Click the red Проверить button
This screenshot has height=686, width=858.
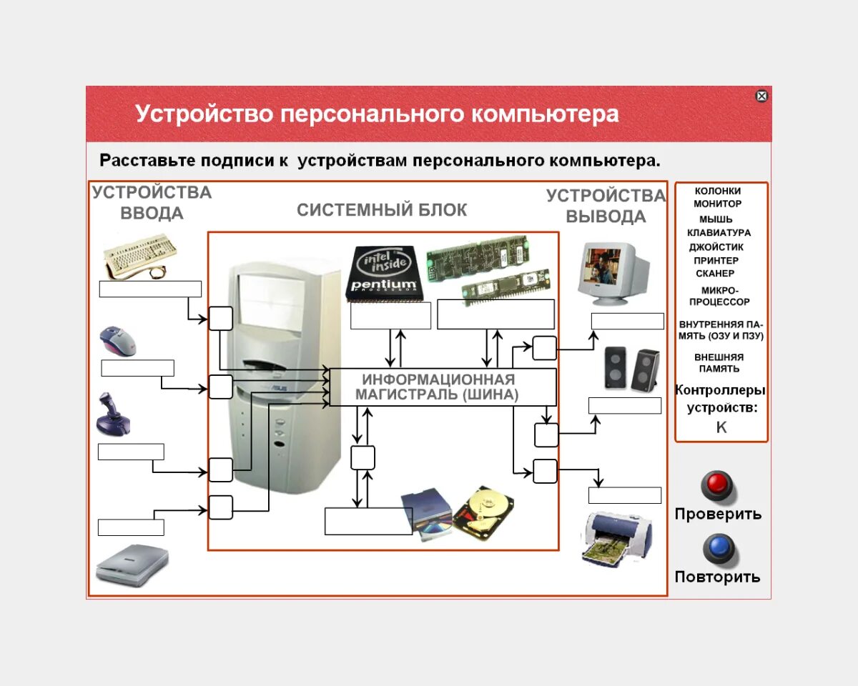pyautogui.click(x=717, y=485)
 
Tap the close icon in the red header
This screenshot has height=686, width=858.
pyautogui.click(x=761, y=96)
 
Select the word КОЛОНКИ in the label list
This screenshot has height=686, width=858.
pyautogui.click(x=718, y=192)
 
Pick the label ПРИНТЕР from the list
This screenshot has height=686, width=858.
pyautogui.click(x=716, y=261)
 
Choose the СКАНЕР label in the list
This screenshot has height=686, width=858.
pyautogui.click(x=715, y=274)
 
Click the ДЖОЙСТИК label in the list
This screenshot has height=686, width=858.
pyautogui.click(x=716, y=247)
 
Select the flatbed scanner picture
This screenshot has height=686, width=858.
pyautogui.click(x=133, y=565)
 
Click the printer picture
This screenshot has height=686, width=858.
pyautogui.click(x=617, y=540)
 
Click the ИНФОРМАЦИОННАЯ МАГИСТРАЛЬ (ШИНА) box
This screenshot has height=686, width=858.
pyautogui.click(x=442, y=387)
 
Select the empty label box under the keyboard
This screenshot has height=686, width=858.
pyautogui.click(x=150, y=289)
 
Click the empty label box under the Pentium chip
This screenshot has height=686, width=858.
pyautogui.click(x=390, y=315)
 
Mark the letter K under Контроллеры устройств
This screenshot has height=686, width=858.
pyautogui.click(x=721, y=427)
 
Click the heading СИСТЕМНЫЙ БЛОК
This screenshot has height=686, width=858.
pyautogui.click(x=382, y=210)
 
